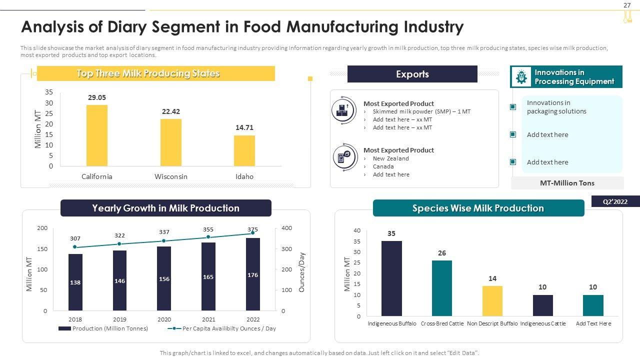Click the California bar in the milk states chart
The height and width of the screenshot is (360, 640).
pos(97,135)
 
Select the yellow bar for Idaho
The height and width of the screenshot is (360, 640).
pos(244,150)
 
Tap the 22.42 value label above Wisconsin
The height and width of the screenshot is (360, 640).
pos(171,111)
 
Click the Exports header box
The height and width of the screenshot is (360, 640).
pos(412,74)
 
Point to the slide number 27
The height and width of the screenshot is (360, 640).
pos(627,5)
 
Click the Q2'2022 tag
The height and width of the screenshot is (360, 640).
pos(615,201)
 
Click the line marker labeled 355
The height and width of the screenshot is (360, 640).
pos(208,237)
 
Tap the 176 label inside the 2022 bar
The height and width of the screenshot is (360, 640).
pos(253,275)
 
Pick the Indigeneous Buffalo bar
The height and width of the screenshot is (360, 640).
pos(391,278)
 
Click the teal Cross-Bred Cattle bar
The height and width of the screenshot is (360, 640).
pos(442,288)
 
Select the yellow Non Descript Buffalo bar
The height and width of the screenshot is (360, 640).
pos(492,301)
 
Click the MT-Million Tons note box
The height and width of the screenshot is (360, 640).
pos(567,183)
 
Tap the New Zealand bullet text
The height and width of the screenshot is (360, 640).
pos(390,158)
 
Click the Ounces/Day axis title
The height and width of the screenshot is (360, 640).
pos(301,272)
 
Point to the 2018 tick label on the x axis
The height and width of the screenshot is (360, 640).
pos(75,319)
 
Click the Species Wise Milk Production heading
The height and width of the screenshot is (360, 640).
pos(478,208)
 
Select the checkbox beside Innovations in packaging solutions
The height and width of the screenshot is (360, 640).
pos(513,107)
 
